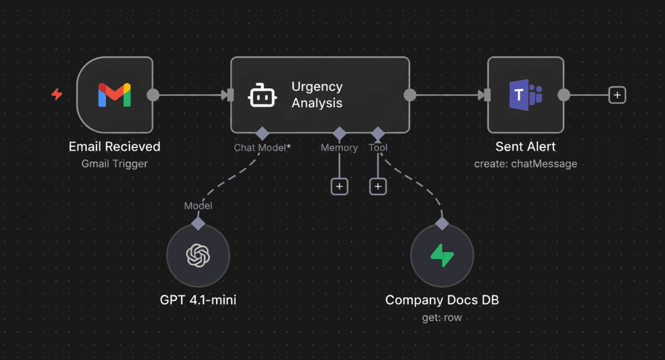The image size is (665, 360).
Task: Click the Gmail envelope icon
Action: pos(115,95)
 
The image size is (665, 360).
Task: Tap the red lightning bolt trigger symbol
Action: pos(57,95)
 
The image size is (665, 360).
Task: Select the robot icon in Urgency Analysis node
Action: pos(262,95)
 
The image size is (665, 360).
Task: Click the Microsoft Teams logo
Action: pos(525,95)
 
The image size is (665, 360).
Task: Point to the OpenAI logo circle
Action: pos(198,255)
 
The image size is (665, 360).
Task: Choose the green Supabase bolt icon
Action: pos(441,255)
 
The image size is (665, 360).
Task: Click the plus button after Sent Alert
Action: pos(617,95)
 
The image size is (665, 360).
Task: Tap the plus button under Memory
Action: pos(339,186)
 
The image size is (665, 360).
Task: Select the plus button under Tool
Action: pos(378,186)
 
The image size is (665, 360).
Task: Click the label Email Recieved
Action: pos(115,146)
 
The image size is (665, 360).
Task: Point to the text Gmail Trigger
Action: pos(115,164)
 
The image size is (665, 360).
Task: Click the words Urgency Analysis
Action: pos(317,95)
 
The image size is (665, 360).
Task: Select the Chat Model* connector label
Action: pos(262,148)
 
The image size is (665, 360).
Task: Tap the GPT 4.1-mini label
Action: pos(198,300)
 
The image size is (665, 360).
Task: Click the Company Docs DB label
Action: pos(441,300)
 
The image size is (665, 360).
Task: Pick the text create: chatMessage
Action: pos(525,164)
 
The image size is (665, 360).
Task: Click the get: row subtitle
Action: pos(441,318)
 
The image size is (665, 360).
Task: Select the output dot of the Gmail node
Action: pos(153,95)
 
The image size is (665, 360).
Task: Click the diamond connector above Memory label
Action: pos(339,133)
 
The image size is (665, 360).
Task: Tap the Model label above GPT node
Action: pos(198,206)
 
